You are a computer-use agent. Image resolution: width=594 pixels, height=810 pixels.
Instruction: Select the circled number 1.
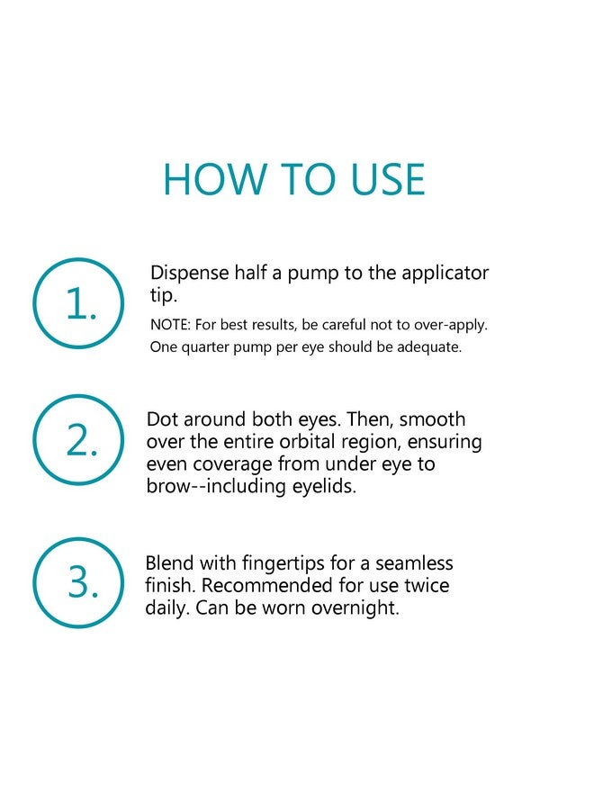[x=79, y=304]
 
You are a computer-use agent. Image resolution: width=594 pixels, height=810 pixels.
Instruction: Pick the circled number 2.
[x=79, y=441]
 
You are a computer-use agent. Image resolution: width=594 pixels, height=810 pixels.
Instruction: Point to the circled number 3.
[x=79, y=583]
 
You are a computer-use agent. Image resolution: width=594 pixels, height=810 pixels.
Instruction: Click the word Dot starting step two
[x=161, y=420]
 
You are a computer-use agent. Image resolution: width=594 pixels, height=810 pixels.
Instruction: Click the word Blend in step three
[x=168, y=564]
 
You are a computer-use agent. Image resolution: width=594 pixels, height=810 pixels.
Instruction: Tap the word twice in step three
[x=426, y=586]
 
